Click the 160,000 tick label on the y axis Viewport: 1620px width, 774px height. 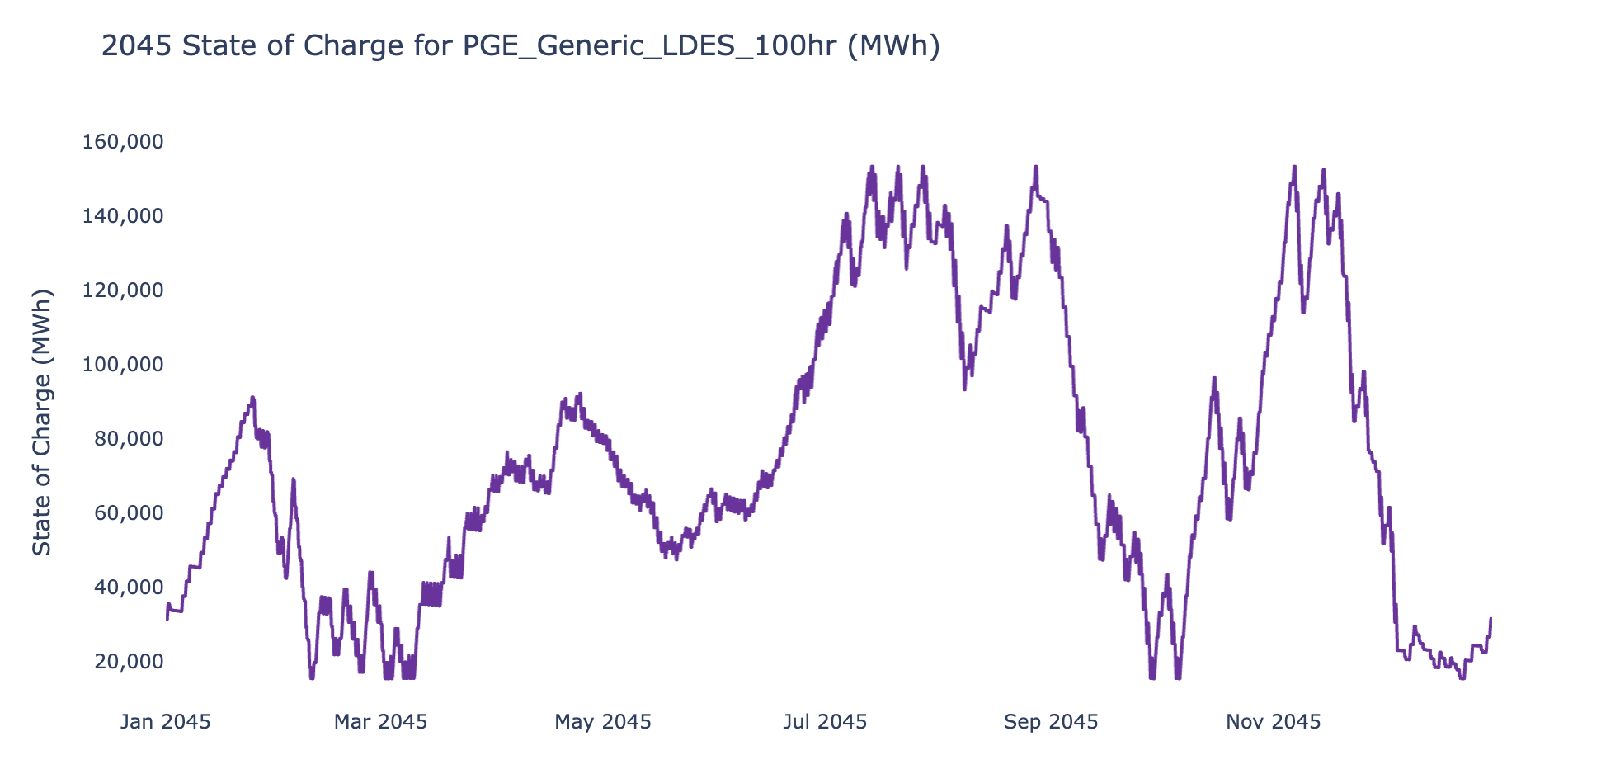(123, 142)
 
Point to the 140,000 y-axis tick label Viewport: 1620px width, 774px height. (123, 216)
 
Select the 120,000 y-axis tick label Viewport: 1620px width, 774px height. (123, 290)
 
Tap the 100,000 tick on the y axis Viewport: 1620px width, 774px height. (123, 365)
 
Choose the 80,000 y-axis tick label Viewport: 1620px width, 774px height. (128, 439)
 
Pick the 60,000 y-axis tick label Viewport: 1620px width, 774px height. (128, 513)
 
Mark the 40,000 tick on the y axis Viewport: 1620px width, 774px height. (128, 588)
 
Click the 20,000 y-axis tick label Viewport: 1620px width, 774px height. (128, 662)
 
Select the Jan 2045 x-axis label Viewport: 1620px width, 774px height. (166, 723)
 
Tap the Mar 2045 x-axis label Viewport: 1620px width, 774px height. (380, 723)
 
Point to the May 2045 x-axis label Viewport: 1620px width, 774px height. (603, 723)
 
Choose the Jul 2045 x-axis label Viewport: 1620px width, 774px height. (825, 723)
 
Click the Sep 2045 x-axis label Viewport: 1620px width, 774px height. (1051, 723)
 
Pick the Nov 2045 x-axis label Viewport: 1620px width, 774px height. (1274, 723)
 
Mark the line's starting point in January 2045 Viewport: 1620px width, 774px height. (167, 619)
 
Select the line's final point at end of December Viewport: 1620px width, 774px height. (1490, 618)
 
